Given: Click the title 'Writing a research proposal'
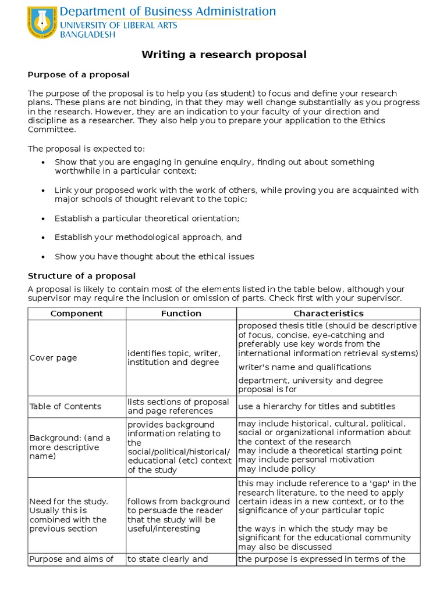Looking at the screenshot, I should click(x=224, y=55).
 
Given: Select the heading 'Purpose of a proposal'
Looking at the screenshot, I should click(x=79, y=75).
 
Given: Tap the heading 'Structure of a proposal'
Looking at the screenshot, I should click(x=81, y=275).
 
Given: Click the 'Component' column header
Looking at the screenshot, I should click(x=76, y=313).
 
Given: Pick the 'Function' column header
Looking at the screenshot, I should click(x=181, y=313).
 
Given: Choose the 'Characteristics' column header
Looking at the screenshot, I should click(x=328, y=313).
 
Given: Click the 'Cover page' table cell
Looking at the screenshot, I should click(x=53, y=358).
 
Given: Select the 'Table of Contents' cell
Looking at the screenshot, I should click(x=65, y=406).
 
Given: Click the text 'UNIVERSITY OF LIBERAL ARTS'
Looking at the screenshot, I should click(x=119, y=25).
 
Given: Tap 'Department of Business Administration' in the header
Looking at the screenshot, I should click(x=168, y=12).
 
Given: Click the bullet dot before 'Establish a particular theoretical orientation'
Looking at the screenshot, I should click(x=44, y=218).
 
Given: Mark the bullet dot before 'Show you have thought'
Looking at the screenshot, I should click(x=44, y=257).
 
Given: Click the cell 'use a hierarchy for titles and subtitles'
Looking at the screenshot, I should click(x=316, y=406).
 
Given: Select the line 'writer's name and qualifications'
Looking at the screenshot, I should click(x=304, y=367).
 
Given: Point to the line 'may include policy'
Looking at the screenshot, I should click(x=276, y=469).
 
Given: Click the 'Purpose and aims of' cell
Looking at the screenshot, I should click(x=71, y=560).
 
